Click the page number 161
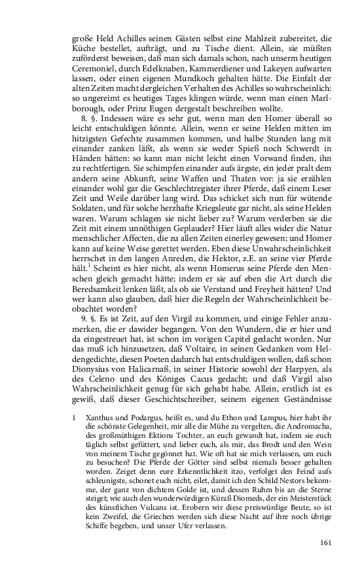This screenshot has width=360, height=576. tap(327, 543)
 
